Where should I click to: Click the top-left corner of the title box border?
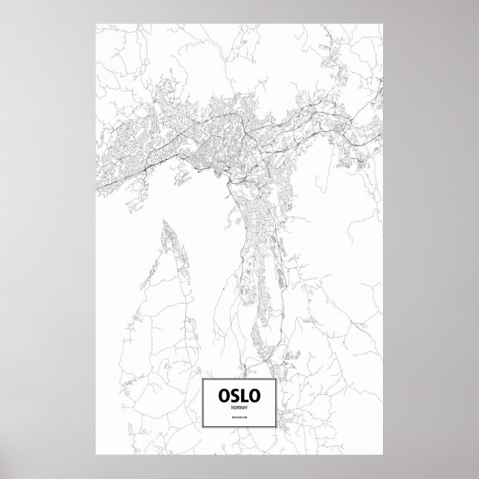[202, 379]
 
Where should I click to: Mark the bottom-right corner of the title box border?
[276, 430]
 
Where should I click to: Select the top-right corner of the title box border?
[276, 379]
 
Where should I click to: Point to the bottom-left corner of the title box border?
[202, 430]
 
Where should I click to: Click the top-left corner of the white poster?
[97, 22]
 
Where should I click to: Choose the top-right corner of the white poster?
[382, 22]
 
